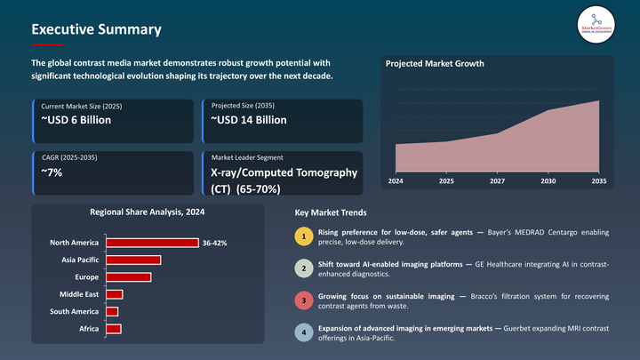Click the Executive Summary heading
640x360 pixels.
click(96, 29)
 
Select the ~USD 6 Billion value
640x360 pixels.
click(76, 120)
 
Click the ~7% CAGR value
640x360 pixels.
click(52, 172)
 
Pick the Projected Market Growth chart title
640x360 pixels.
click(435, 64)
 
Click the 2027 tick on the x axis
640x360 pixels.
click(497, 180)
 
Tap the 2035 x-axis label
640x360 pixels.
click(599, 180)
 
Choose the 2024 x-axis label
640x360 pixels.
click(395, 180)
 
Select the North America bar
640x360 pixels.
click(152, 243)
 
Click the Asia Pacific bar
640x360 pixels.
click(133, 260)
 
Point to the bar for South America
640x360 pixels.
click(112, 311)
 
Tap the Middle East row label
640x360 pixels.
click(79, 294)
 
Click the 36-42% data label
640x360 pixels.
click(215, 243)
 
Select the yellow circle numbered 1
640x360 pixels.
click(304, 236)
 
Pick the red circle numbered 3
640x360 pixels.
click(304, 300)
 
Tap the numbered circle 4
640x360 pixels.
click(304, 333)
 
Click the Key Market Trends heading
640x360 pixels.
click(330, 213)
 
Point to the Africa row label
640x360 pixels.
click(88, 329)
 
